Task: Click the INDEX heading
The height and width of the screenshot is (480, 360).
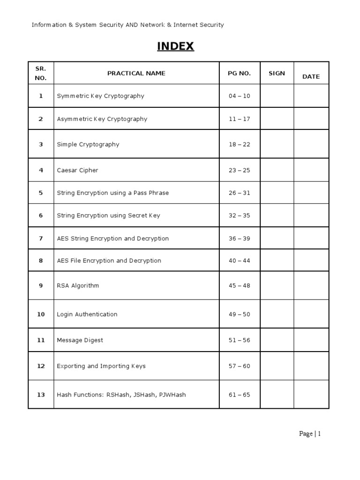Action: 175,46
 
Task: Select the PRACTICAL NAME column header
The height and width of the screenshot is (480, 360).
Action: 136,73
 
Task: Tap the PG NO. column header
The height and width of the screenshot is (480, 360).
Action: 240,73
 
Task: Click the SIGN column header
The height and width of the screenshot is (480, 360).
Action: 277,73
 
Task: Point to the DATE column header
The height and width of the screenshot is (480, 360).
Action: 311,76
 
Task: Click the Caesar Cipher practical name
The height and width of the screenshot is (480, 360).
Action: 77,170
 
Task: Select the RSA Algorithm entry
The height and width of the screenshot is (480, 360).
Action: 78,285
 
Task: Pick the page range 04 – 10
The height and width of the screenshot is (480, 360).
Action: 240,96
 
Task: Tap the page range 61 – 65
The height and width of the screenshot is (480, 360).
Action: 240,395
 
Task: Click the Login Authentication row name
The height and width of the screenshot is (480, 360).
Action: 87,314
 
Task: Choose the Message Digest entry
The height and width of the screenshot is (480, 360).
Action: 80,340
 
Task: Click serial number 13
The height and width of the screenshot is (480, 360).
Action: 41,395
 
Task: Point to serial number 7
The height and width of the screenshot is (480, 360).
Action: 41,239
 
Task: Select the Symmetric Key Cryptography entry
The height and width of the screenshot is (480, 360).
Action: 100,96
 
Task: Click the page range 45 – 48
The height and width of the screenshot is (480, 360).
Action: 240,285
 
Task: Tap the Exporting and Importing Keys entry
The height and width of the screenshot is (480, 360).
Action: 101,366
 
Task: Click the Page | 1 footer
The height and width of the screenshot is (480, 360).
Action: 310,434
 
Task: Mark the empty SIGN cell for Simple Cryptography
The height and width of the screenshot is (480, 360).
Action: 277,144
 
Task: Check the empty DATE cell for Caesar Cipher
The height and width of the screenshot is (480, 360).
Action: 311,170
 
